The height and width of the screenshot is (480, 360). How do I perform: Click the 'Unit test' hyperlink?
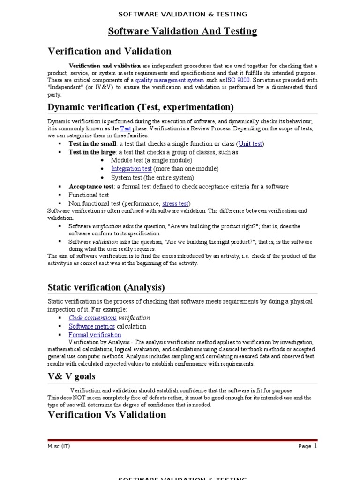[x=251, y=144]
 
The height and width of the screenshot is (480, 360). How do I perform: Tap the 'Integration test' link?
[x=131, y=169]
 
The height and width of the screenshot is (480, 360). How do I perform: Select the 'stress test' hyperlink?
[x=175, y=203]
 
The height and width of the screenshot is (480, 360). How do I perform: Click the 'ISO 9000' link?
[x=238, y=80]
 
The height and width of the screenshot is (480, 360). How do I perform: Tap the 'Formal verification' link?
[x=95, y=335]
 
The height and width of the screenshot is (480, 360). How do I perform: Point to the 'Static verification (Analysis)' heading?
[x=106, y=287]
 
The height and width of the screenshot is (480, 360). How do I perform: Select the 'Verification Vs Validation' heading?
[x=107, y=414]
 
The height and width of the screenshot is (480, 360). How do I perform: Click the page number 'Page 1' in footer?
[x=307, y=446]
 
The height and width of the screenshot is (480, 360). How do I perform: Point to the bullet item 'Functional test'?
[x=89, y=195]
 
